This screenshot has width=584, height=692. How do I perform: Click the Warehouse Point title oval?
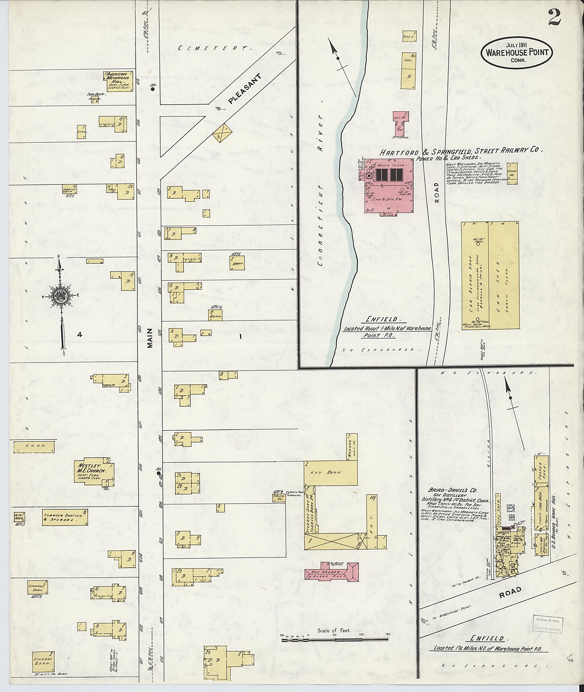coord(517,52)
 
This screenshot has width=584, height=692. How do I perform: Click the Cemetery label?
coord(212,48)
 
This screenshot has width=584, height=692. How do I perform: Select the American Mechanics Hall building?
coord(118,81)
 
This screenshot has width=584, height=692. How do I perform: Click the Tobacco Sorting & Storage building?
coord(65,517)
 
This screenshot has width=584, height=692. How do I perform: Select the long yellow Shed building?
coord(34,447)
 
